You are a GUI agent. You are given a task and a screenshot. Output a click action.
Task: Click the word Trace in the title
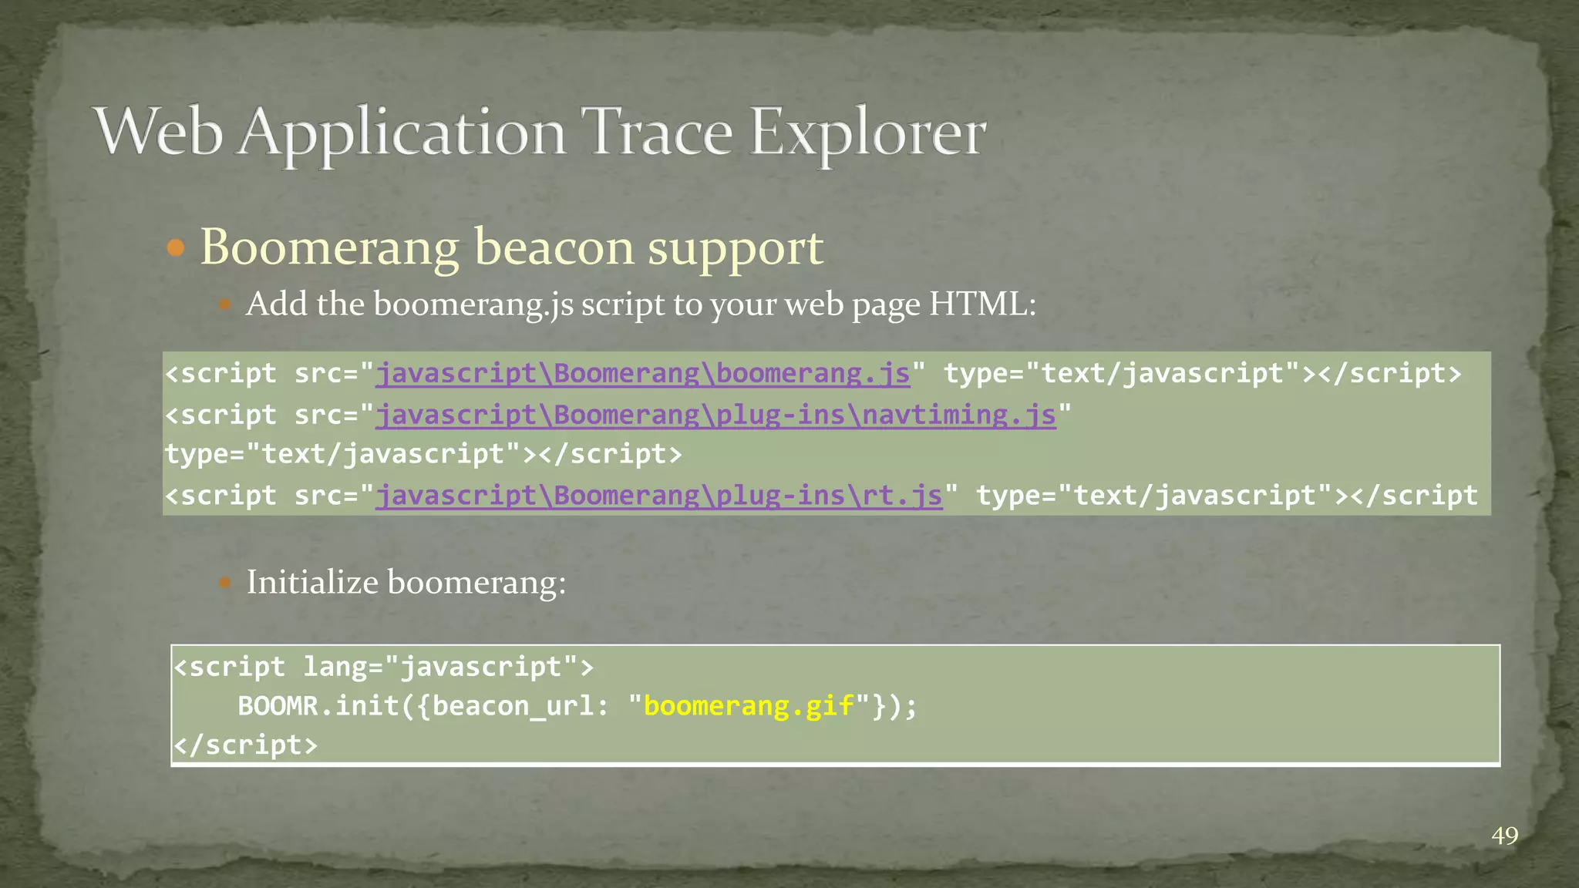coord(655,133)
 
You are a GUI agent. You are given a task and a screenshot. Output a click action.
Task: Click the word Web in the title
coord(158,133)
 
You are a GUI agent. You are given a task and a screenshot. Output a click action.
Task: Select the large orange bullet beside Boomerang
coord(176,248)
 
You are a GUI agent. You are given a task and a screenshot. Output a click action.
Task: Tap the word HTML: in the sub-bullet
coord(982,304)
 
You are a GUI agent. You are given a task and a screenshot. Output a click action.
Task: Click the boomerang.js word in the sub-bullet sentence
coord(473,304)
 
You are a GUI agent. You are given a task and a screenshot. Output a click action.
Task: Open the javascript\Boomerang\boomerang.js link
coord(642,374)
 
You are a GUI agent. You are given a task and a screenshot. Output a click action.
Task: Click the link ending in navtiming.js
coord(715,415)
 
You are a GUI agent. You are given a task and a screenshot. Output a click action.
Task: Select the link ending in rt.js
coord(658,496)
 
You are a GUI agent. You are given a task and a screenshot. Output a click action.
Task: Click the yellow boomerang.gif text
coord(749,706)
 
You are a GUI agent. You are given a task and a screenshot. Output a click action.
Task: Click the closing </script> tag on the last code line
coord(245,745)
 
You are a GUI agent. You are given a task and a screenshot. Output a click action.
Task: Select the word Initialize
coord(311,582)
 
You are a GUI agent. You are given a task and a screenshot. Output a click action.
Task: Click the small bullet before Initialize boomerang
coord(224,583)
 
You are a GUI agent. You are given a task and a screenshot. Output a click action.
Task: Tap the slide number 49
coord(1504,836)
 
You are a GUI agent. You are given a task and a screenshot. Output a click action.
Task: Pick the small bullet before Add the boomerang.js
coord(224,304)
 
